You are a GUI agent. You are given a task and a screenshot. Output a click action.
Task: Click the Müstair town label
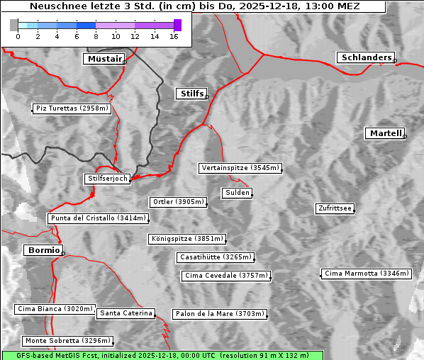click(x=104, y=59)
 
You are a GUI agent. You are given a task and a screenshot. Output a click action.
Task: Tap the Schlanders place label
click(x=365, y=57)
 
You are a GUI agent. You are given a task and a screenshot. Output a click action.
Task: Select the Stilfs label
click(x=191, y=94)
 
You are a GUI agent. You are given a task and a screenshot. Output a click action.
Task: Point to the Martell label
click(x=385, y=133)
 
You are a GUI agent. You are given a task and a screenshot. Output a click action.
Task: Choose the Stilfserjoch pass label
click(x=107, y=179)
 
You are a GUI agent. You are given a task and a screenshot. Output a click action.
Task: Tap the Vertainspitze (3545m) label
click(x=240, y=168)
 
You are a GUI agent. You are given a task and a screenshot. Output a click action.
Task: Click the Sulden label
click(x=236, y=193)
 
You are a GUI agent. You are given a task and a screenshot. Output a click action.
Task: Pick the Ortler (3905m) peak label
click(x=178, y=202)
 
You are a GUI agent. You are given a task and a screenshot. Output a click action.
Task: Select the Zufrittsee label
click(x=335, y=208)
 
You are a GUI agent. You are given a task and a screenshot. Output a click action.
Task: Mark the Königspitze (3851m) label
click(x=186, y=239)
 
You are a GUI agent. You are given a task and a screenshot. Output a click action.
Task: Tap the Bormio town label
click(x=43, y=250)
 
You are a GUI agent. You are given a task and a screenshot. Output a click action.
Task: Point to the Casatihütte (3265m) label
click(x=215, y=257)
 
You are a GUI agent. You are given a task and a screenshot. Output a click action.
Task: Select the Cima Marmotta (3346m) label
click(x=366, y=273)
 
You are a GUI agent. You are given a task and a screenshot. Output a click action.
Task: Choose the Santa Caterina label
click(x=125, y=313)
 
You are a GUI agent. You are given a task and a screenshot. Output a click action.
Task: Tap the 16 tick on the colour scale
click(x=173, y=36)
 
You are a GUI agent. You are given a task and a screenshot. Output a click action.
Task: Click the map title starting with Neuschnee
click(x=194, y=6)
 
